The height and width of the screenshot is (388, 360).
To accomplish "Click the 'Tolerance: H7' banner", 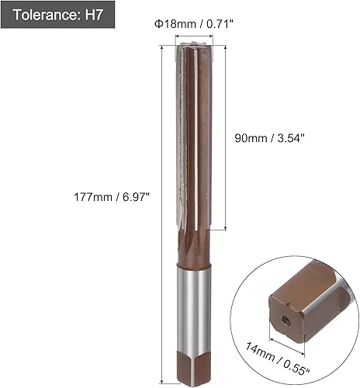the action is click(x=57, y=15).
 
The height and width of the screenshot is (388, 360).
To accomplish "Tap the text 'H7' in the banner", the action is click(x=94, y=15).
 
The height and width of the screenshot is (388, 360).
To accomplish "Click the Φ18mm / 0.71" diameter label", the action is click(x=194, y=24).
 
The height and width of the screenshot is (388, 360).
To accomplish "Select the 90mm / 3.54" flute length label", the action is click(x=268, y=138).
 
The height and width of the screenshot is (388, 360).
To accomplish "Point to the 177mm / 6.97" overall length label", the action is click(x=112, y=197).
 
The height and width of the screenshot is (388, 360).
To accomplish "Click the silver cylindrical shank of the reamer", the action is click(x=194, y=309).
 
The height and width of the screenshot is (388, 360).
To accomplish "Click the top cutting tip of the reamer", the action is click(x=194, y=46).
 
